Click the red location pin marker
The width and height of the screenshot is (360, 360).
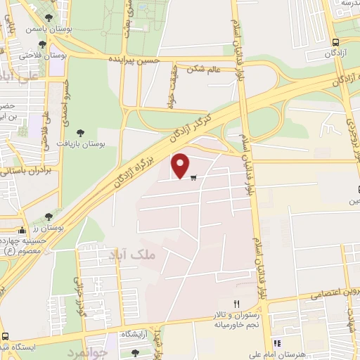(x=181, y=165)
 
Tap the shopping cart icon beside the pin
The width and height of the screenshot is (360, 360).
(x=193, y=176)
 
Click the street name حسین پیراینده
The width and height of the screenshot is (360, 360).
(x=136, y=61)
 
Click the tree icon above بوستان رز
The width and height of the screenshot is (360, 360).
(x=48, y=217)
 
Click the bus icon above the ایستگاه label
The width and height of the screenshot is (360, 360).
(x=6, y=336)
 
